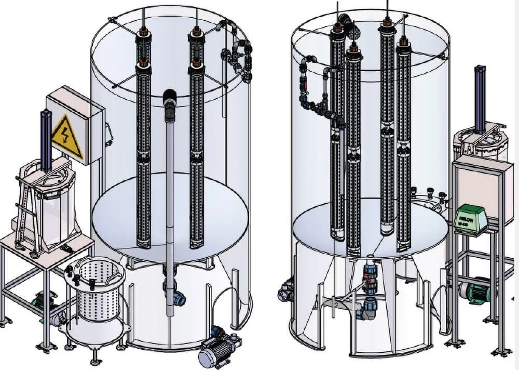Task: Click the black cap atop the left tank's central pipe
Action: pyautogui.click(x=170, y=98)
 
